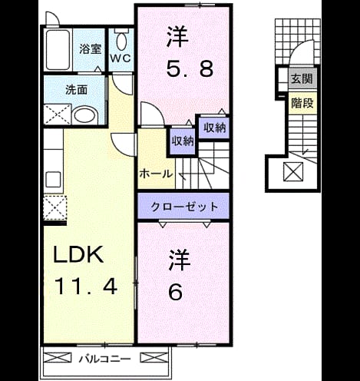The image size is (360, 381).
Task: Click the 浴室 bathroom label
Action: tap(90, 49)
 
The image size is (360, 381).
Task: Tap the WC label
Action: tap(121, 58)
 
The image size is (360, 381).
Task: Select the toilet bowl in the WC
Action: tap(122, 41)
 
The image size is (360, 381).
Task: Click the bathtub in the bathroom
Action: tap(58, 50)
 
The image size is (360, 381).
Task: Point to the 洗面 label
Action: tap(76, 90)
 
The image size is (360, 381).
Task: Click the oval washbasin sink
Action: tap(84, 116)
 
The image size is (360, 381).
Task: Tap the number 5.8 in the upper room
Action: tap(190, 69)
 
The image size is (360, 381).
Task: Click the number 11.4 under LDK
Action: tap(85, 287)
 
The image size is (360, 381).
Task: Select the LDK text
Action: tap(78, 254)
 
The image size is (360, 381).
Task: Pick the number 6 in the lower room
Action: tap(176, 292)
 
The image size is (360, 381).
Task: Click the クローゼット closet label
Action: tap(184, 207)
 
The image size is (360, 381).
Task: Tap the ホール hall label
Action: tap(156, 174)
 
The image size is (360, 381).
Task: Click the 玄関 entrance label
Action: tap(302, 78)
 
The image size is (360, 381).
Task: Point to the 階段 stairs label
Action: tap(302, 103)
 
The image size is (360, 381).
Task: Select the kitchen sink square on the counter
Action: tap(53, 179)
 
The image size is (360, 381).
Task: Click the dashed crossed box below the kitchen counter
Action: tap(55, 207)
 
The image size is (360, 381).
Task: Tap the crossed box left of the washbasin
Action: tap(58, 114)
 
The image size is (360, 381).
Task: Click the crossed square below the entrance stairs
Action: tap(293, 171)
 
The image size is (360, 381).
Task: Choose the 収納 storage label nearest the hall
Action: tap(183, 141)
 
